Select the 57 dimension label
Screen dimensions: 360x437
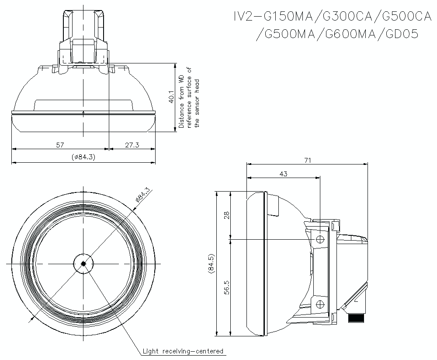coord(60,145)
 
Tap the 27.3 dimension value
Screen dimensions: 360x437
coord(132,145)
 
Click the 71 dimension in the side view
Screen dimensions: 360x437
coord(307,161)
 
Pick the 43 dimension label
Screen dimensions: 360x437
coord(283,174)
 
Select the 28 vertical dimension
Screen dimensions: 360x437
coord(226,215)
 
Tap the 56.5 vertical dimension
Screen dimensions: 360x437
coord(226,288)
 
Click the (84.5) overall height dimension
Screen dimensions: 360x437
coord(212,264)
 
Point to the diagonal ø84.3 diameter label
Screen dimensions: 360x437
coord(142,194)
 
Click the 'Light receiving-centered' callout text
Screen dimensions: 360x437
coord(183,351)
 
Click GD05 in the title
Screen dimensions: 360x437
coord(402,34)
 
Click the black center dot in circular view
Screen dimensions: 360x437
coord(83,263)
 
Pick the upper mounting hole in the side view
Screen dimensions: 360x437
coord(320,239)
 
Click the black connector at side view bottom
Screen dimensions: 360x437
coord(357,318)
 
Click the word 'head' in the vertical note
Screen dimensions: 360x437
coord(197,85)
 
